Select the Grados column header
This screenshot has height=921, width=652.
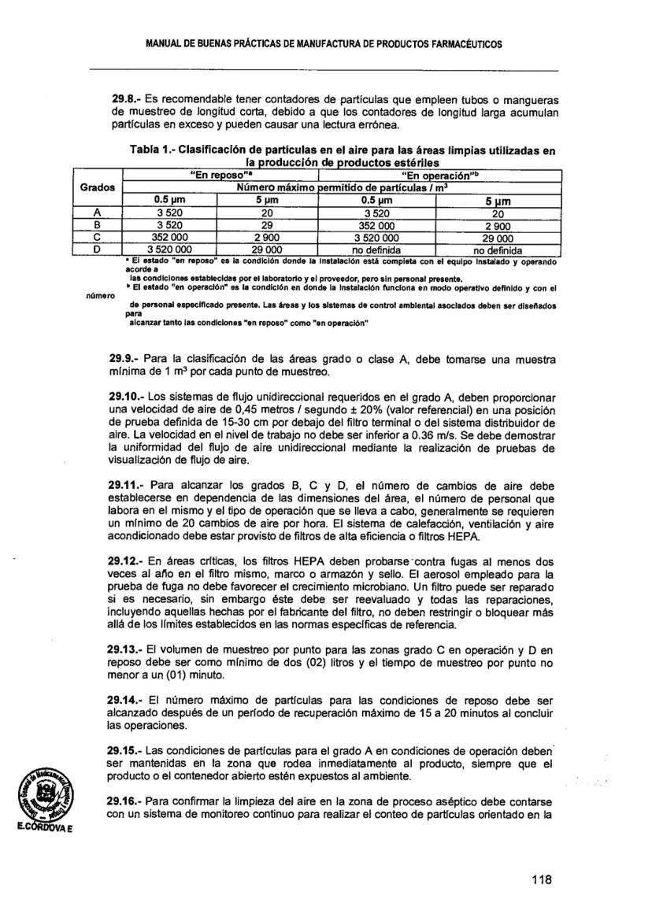point(98,188)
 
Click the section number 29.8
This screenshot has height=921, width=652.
point(124,102)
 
